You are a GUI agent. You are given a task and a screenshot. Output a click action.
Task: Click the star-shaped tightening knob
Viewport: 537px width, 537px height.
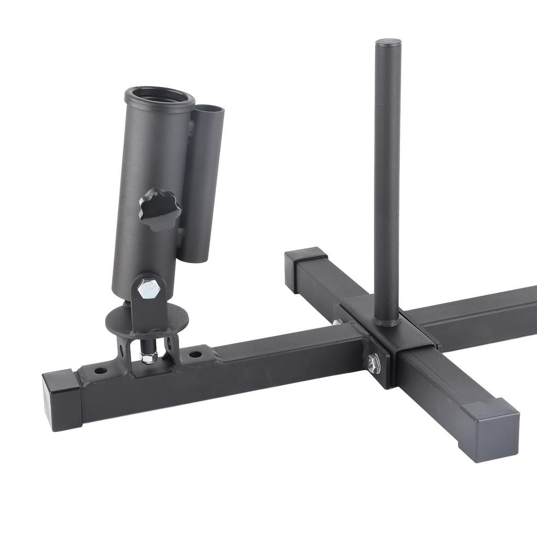point(160,210)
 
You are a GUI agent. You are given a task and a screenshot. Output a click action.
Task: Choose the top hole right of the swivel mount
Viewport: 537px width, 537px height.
point(196,355)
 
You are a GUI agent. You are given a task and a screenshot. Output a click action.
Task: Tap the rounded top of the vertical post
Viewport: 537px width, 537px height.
point(388,42)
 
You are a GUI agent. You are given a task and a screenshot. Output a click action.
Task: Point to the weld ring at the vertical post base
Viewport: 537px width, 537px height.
point(388,321)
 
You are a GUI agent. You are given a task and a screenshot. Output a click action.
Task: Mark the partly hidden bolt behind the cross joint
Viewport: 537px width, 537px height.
point(338,321)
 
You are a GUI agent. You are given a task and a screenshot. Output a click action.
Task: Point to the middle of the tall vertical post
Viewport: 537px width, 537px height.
point(388,178)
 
